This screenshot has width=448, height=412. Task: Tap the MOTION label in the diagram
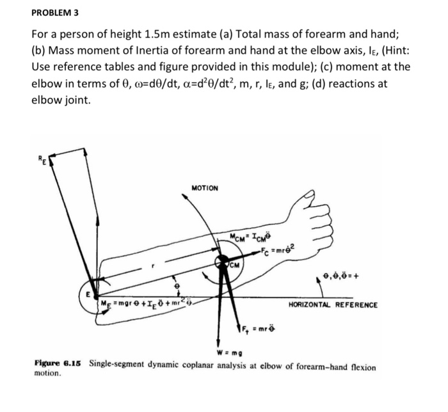coord(205,188)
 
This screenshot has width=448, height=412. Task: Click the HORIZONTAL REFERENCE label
coord(333,305)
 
